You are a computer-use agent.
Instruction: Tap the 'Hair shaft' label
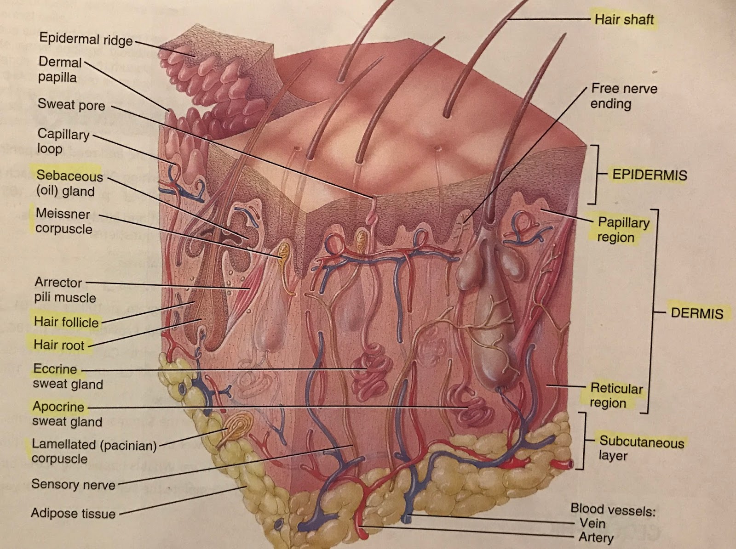(624, 19)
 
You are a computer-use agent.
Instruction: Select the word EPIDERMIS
(650, 175)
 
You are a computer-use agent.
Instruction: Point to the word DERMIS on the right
(697, 313)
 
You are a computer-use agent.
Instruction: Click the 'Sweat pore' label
(71, 105)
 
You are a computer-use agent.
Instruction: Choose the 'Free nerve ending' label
(623, 96)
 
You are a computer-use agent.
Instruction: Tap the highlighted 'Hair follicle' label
(66, 322)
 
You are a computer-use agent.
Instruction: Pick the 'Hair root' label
(59, 345)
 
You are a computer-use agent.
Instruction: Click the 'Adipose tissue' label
(73, 513)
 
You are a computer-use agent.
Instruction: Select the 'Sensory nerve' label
(73, 484)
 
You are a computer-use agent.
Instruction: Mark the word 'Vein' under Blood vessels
(592, 523)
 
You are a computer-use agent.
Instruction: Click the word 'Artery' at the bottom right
(596, 537)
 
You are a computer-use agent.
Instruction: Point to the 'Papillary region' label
(623, 229)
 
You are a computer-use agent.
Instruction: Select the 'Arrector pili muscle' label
(65, 289)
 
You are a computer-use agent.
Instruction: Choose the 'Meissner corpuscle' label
(63, 221)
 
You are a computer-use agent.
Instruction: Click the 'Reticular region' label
(616, 395)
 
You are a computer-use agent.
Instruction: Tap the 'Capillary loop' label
(63, 141)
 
